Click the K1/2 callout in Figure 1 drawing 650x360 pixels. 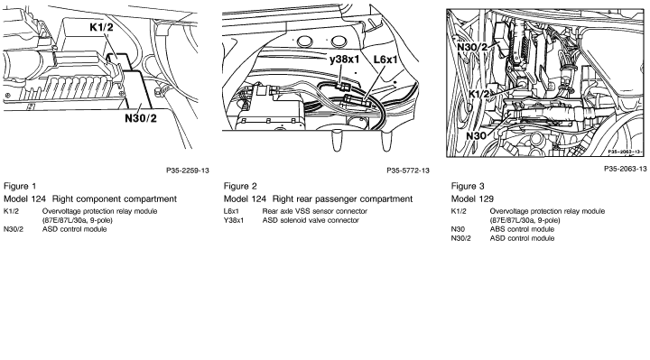[101, 28]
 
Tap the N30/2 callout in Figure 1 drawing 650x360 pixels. [141, 118]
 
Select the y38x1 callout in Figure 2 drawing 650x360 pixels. [344, 60]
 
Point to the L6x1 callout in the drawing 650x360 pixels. [385, 60]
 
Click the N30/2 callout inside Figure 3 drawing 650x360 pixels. [472, 47]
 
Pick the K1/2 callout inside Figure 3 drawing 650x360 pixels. [479, 94]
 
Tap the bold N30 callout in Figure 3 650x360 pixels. [476, 136]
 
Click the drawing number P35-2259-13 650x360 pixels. [188, 171]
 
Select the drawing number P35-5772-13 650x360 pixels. [408, 171]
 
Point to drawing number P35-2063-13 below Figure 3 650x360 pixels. [625, 169]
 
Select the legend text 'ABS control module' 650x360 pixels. [522, 229]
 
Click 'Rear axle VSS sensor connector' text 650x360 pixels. [315, 211]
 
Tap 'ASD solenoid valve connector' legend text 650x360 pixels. [311, 220]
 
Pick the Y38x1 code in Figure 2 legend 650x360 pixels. [234, 220]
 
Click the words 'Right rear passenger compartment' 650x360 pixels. [342, 199]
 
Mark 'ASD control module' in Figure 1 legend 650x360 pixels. [75, 229]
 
